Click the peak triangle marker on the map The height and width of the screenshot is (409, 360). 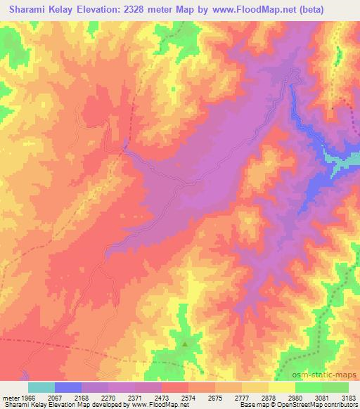[x=185, y=344]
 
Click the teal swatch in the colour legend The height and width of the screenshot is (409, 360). [x=41, y=387]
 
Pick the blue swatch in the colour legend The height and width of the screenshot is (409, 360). [x=68, y=387]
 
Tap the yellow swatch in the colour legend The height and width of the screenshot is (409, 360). [x=281, y=387]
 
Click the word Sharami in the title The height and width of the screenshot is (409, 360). [x=32, y=11]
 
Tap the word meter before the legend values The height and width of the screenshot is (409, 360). [x=11, y=398]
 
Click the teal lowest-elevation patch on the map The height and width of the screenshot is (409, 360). [x=345, y=163]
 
